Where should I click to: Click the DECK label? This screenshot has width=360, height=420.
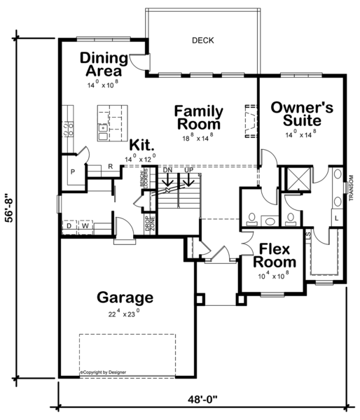pos(202,41)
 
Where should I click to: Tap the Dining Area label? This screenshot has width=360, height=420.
pos(103,64)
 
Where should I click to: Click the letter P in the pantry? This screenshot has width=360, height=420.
pos(71,171)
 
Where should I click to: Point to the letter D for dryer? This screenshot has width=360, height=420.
pos(69,226)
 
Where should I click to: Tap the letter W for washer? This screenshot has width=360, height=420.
pos(85,226)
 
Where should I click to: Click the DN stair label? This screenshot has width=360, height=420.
pos(167,170)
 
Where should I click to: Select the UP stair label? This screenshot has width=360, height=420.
pos(188,170)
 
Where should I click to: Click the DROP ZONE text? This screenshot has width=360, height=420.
pos(149,223)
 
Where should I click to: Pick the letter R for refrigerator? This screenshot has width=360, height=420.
pos(110,167)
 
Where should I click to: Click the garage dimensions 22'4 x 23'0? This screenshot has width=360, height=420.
pos(125,313)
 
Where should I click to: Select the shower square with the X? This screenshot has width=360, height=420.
pos(299,181)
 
